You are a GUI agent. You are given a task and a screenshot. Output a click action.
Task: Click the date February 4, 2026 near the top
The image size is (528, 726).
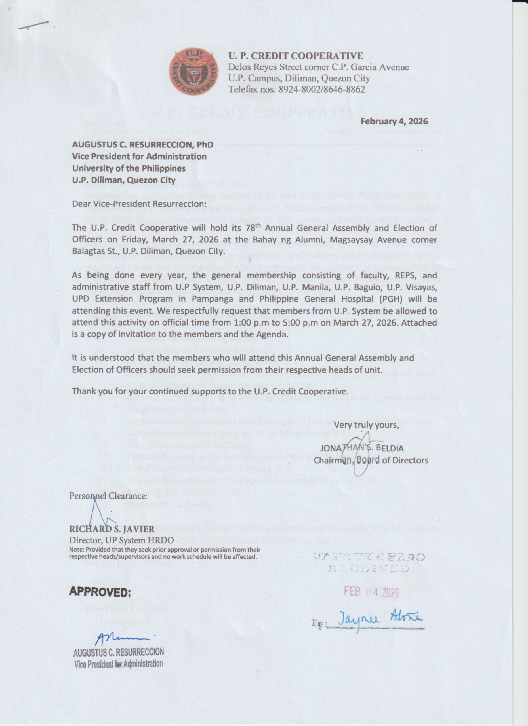[394, 121]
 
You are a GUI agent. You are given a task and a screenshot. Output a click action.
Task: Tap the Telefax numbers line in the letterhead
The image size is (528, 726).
[296, 89]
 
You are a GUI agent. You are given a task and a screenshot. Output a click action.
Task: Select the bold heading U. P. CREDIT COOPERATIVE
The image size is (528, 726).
[296, 56]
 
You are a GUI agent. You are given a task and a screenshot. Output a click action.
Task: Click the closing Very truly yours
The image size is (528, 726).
[367, 425]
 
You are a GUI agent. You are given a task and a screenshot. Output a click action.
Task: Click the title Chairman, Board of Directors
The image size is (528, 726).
[371, 460]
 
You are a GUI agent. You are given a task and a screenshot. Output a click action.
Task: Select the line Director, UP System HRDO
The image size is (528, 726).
[121, 540]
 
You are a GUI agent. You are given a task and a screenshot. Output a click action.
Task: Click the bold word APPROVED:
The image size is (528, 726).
[100, 592]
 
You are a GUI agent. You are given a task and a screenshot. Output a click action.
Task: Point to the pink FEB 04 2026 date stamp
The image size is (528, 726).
[371, 592]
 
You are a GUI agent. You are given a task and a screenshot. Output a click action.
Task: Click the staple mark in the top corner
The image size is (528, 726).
[33, 25]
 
